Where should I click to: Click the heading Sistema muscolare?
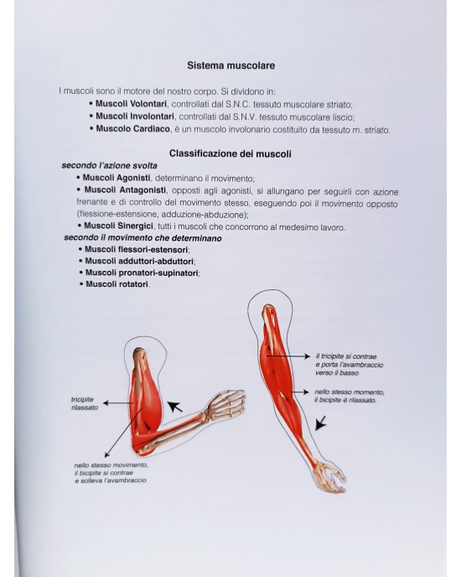click(x=230, y=64)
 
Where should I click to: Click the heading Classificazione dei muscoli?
click(x=230, y=153)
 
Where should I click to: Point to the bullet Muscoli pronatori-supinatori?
click(x=142, y=273)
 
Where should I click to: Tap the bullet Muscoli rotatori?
click(x=117, y=284)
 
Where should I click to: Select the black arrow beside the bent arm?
click(x=174, y=409)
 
